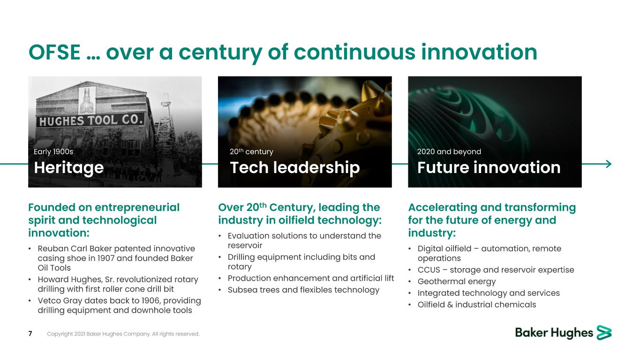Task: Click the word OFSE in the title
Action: tap(54, 52)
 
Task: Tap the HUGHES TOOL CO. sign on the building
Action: tap(91, 120)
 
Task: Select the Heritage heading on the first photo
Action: tap(69, 168)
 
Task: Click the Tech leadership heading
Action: tap(294, 168)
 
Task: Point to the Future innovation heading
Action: tap(489, 167)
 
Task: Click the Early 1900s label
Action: tap(53, 151)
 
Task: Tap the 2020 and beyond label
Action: tap(449, 152)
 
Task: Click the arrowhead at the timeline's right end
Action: tap(609, 164)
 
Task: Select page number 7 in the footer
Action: tap(30, 333)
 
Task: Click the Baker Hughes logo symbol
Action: tap(604, 332)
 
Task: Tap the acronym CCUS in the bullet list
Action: tap(429, 270)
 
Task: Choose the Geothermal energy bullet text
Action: tap(457, 282)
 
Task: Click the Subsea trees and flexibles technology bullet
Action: tap(303, 290)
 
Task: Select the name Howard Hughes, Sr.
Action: tap(75, 280)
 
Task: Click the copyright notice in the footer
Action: tap(123, 334)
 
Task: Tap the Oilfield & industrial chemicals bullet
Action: tap(476, 305)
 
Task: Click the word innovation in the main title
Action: tap(479, 52)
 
